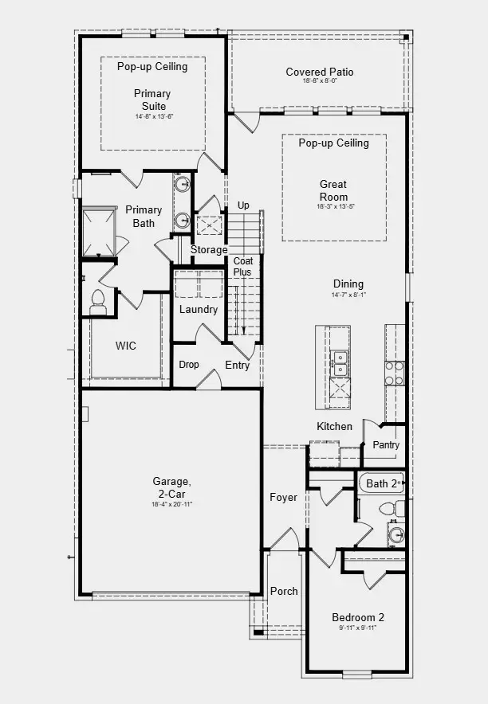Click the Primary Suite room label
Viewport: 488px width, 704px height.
pos(152,99)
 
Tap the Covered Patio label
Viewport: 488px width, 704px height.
pos(320,72)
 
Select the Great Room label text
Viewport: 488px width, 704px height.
pos(333,190)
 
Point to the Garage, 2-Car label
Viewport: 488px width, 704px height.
pos(172,487)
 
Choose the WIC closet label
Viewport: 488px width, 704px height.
pos(125,346)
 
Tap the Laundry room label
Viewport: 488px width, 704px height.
pos(198,309)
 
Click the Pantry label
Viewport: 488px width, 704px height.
pos(385,445)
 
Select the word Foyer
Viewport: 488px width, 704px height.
pos(283,498)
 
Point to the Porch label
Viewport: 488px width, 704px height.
pos(284,591)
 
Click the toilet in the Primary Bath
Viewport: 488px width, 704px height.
pos(99,299)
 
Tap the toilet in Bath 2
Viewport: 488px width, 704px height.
pos(388,508)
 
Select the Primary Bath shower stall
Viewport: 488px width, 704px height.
pos(99,231)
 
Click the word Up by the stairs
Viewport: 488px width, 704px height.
pos(243,205)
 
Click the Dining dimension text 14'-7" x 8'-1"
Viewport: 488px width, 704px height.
pos(348,295)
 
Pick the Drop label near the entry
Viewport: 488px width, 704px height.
pos(189,365)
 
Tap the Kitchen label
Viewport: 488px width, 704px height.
pos(334,426)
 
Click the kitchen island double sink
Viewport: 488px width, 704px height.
pos(340,363)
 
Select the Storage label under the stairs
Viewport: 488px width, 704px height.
pos(209,250)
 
